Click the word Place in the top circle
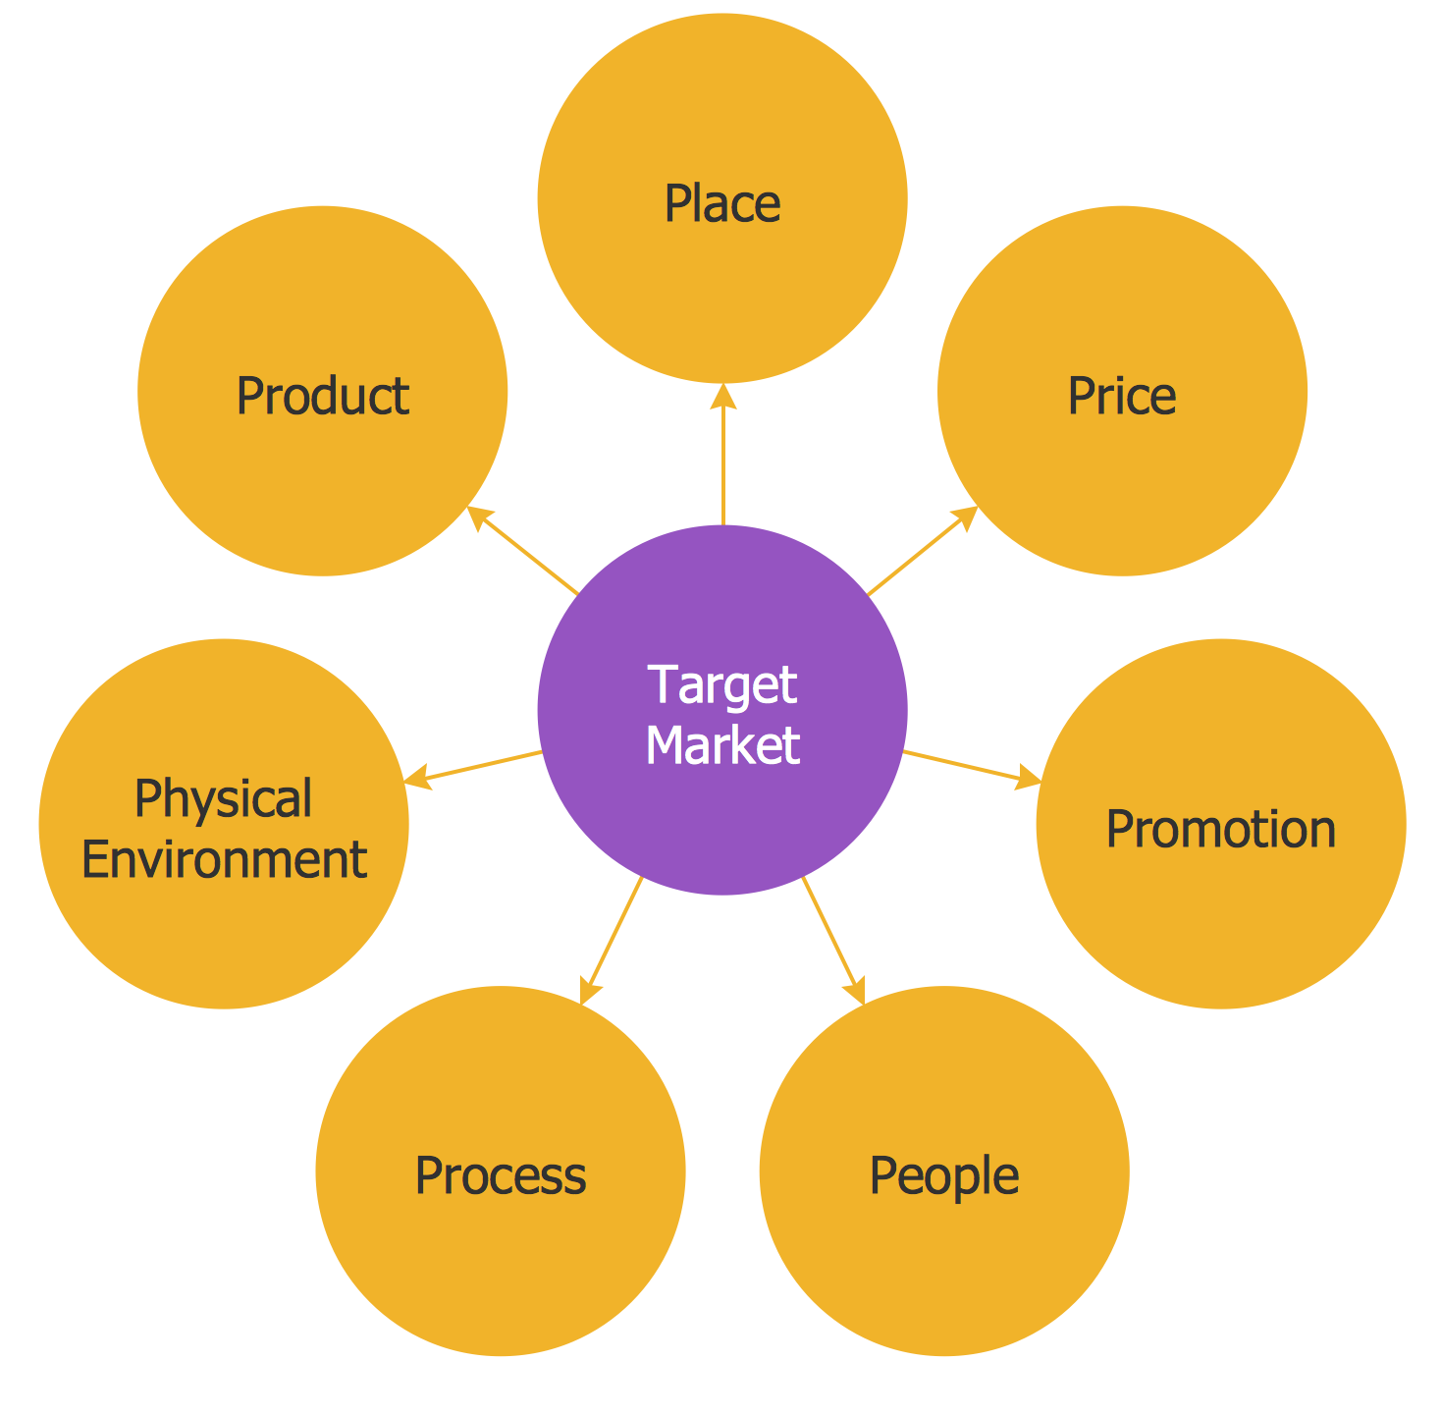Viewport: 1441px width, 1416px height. [x=722, y=204]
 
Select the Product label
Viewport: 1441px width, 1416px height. [x=322, y=397]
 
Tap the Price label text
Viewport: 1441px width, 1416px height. [x=1121, y=397]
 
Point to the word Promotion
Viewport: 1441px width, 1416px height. [x=1220, y=829]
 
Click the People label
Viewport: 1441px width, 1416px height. [x=943, y=1175]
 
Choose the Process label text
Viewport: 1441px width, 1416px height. [x=500, y=1175]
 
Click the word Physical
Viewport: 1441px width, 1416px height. [x=223, y=798]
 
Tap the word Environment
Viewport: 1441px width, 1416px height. [x=224, y=860]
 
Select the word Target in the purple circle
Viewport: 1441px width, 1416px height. [x=722, y=684]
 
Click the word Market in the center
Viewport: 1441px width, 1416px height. [x=722, y=745]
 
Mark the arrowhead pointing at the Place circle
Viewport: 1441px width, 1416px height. [x=723, y=396]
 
